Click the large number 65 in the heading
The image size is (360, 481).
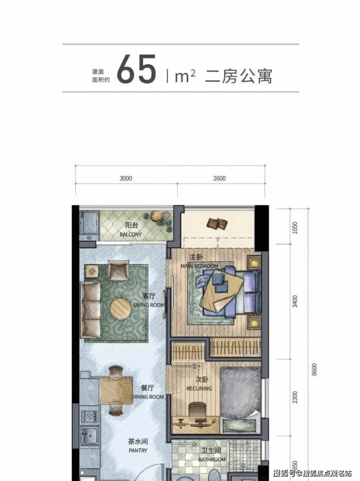coord(137,69)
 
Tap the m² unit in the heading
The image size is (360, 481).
coord(185,76)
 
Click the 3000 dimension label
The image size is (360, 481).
coord(126,178)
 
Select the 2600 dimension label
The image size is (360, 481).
coord(219,178)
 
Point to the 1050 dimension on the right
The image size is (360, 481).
coord(295,228)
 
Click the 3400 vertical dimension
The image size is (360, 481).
coord(295,302)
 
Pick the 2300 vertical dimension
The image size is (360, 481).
coord(295,397)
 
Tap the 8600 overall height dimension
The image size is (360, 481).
coord(314,370)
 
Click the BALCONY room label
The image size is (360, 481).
coord(131,234)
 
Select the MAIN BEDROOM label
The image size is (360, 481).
coord(199,266)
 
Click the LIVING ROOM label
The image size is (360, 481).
coord(149,305)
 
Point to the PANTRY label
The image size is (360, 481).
coord(138,450)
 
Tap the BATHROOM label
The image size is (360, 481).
coord(212,459)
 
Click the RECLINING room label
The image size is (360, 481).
coord(199,389)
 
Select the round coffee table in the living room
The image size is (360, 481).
coord(121,308)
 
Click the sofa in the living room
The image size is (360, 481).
coord(90,310)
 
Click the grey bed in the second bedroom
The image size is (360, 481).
coord(240,392)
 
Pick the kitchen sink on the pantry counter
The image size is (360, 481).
coord(90,435)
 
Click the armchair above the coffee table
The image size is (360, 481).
coord(119,270)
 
